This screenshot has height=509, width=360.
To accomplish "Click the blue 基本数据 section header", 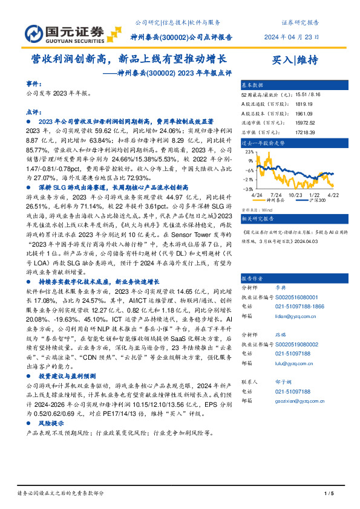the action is click(253, 85).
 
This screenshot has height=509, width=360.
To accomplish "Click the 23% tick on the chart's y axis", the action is click(249, 153).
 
